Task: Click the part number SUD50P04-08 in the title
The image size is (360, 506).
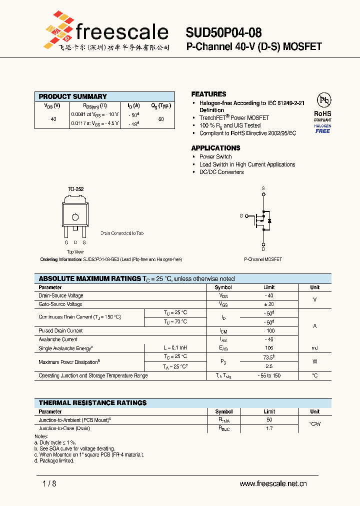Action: tap(223, 33)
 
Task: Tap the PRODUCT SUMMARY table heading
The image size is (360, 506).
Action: tap(73, 96)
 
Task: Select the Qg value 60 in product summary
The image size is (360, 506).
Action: tap(161, 119)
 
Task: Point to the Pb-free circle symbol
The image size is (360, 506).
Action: tap(323, 100)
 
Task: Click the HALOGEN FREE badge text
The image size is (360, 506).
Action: tap(322, 128)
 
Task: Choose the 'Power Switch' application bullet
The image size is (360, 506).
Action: tap(215, 156)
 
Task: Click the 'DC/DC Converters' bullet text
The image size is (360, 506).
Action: tap(221, 172)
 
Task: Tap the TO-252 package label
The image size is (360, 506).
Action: tap(75, 189)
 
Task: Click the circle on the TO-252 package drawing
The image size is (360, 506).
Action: tap(75, 217)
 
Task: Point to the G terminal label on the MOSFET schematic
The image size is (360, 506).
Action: tap(241, 215)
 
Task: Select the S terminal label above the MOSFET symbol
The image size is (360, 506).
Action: tap(263, 188)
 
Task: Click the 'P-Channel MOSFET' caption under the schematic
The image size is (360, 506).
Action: tap(263, 259)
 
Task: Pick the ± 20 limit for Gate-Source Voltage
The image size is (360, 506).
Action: tap(269, 304)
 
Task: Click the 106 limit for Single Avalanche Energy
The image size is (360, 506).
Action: tap(269, 347)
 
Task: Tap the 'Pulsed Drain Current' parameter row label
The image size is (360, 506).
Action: tap(60, 330)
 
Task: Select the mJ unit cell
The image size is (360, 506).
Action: tap(314, 347)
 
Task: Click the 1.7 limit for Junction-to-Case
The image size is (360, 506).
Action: tap(269, 428)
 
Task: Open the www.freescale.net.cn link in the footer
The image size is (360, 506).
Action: tap(273, 483)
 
